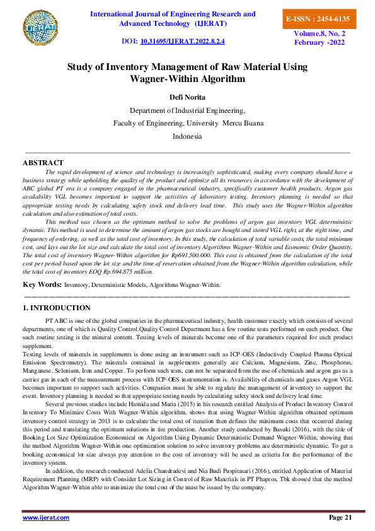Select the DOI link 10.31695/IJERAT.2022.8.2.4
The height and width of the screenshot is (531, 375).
click(183, 41)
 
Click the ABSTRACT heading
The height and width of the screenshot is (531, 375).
click(43, 163)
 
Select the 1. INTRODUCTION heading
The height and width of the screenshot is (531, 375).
click(56, 308)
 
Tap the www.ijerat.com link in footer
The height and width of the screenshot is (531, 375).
click(46, 517)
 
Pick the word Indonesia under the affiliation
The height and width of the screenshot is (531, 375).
click(187, 136)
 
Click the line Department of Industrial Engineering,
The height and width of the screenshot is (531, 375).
click(187, 109)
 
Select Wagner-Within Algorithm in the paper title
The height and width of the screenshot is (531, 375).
click(187, 79)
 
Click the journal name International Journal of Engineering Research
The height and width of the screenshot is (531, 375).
click(173, 14)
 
